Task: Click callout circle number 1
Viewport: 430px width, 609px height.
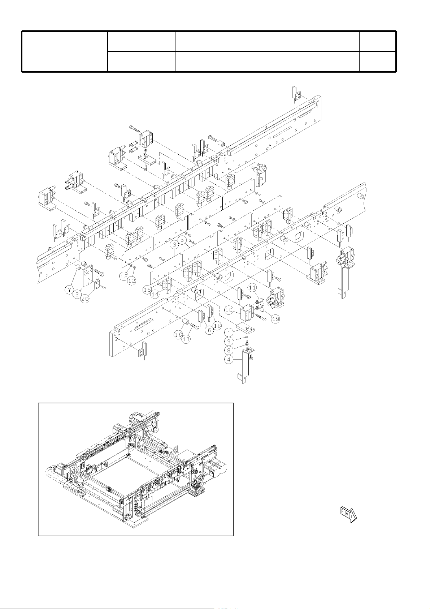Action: (x=229, y=332)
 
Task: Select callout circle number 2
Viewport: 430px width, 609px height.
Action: (x=77, y=294)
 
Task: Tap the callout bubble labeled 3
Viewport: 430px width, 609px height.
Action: (x=175, y=245)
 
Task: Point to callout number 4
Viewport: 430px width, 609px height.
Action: (x=229, y=359)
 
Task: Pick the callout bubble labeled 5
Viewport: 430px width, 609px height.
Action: (x=182, y=240)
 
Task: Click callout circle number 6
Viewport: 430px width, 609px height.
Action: (x=209, y=330)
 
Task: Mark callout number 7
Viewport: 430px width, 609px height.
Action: (x=69, y=290)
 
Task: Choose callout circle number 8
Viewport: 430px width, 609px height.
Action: (x=229, y=350)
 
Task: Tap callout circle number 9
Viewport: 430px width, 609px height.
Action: (x=229, y=341)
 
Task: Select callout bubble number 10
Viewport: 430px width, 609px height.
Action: (x=229, y=310)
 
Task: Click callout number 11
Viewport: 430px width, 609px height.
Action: (x=252, y=288)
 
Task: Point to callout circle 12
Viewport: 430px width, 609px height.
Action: (x=132, y=280)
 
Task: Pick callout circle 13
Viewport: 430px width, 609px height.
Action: (x=123, y=276)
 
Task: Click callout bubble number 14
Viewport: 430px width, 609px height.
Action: (x=155, y=294)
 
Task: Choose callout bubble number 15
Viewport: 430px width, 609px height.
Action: (x=148, y=290)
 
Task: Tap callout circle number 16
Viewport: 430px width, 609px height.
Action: (x=178, y=335)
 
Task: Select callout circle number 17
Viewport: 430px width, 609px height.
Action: (x=186, y=339)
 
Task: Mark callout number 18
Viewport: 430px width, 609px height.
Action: (x=217, y=326)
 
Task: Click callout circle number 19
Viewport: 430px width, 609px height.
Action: (x=275, y=319)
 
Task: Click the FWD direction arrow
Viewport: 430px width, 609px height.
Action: (x=348, y=515)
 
